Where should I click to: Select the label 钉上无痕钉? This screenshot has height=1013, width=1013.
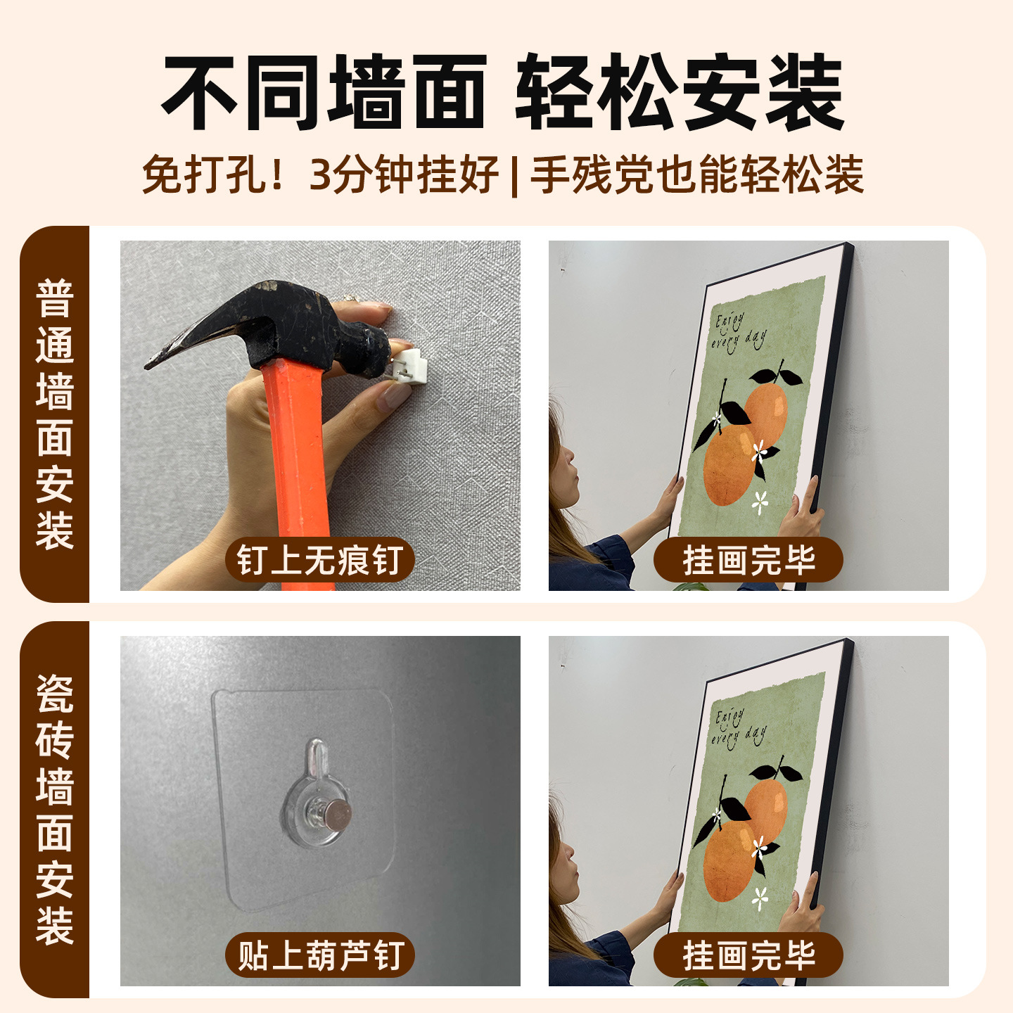(x=320, y=561)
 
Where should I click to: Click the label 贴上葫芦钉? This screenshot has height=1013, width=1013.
(x=320, y=955)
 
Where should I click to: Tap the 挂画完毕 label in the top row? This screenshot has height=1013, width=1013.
(x=748, y=561)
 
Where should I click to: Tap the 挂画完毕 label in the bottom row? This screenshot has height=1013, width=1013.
(x=748, y=955)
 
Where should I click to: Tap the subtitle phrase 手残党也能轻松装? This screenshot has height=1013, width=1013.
(x=696, y=174)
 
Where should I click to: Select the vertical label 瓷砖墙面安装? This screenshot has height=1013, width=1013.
(x=55, y=809)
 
